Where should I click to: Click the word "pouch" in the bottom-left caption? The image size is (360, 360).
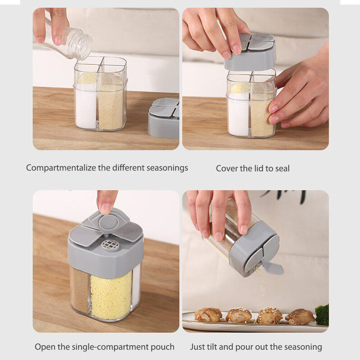[163, 347]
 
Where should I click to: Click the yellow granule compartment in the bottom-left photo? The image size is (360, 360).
[111, 294]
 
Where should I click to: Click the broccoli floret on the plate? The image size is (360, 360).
[322, 315]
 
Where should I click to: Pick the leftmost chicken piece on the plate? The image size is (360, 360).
[208, 315]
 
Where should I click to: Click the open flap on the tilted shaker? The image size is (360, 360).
[273, 267]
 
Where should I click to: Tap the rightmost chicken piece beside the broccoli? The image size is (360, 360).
[300, 316]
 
